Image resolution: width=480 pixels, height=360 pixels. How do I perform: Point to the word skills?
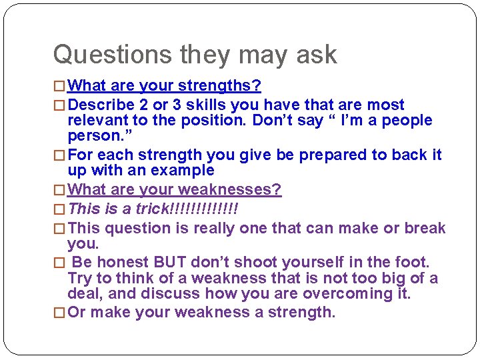206,105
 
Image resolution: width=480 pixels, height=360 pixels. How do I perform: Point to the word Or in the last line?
77,313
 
